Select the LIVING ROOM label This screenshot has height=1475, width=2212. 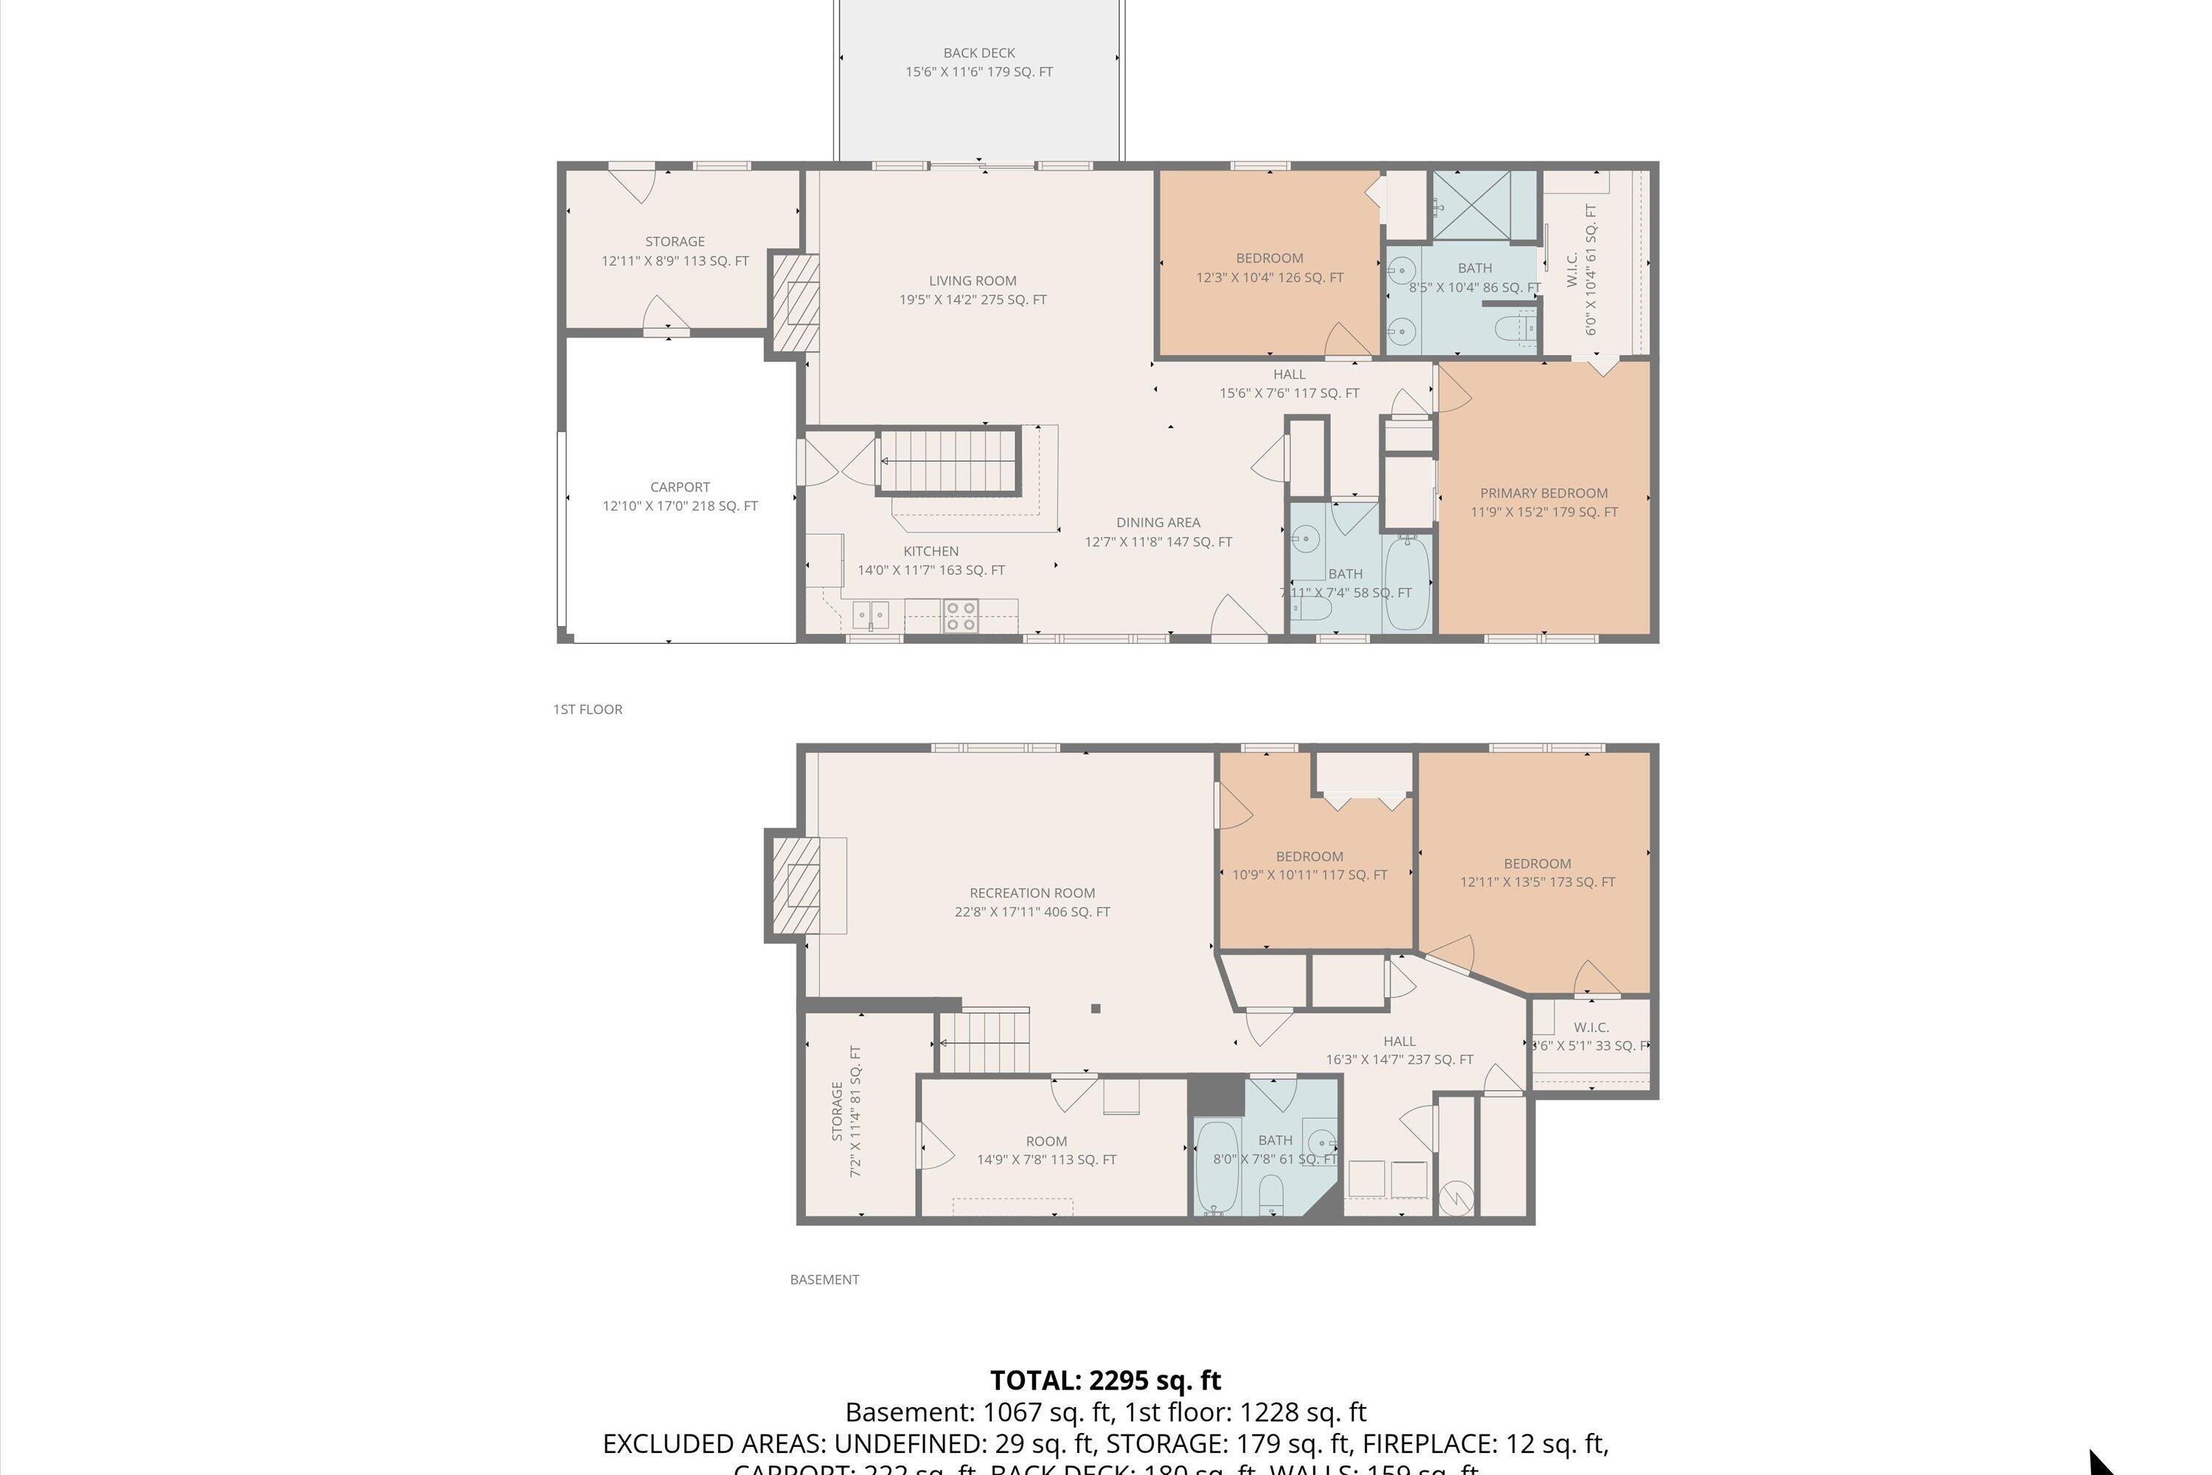[x=972, y=280]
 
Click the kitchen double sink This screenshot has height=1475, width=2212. [x=871, y=615]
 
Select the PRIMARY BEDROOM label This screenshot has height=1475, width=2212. [x=1543, y=493]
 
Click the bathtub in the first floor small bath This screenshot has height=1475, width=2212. [x=1407, y=583]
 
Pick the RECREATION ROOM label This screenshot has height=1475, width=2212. [x=1032, y=892]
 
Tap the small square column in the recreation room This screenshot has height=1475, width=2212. [x=1096, y=1008]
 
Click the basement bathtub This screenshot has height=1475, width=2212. [x=1218, y=1167]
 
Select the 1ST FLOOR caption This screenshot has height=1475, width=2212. [x=587, y=709]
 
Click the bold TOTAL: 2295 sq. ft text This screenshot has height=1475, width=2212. [x=1105, y=1380]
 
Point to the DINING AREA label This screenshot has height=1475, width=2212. [x=1158, y=522]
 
